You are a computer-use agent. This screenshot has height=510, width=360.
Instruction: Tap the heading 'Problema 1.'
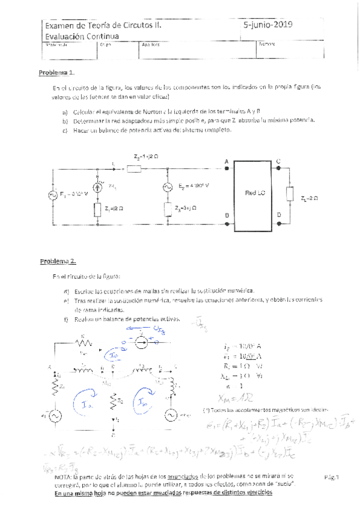click(57, 72)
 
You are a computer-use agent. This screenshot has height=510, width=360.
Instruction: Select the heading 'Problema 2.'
click(58, 261)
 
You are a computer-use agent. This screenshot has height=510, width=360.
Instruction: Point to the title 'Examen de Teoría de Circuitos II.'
click(102, 26)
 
